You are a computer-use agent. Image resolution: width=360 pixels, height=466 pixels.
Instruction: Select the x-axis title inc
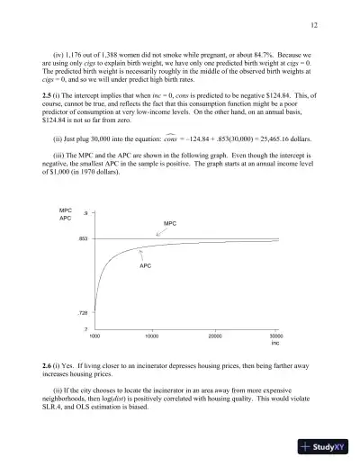pyautogui.click(x=276, y=343)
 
